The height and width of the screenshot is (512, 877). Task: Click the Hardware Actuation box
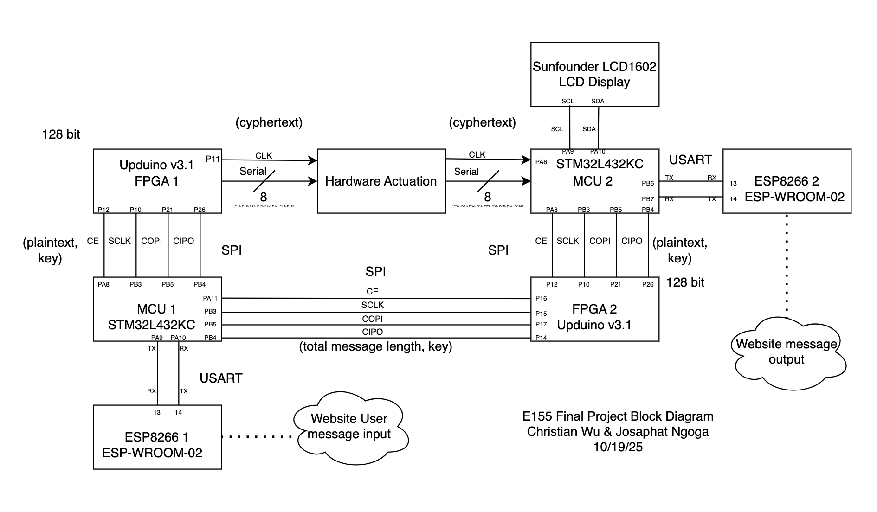(x=381, y=181)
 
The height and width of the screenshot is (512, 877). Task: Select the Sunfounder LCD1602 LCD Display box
(x=594, y=74)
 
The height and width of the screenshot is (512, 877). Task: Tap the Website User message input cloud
(x=349, y=427)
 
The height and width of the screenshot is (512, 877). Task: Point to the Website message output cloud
(x=787, y=352)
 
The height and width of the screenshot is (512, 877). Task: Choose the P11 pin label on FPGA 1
(x=213, y=159)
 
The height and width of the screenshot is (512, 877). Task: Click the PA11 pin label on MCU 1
(x=210, y=298)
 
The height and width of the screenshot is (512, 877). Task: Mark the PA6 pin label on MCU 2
(x=541, y=162)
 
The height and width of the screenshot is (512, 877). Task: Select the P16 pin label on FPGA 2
(x=541, y=298)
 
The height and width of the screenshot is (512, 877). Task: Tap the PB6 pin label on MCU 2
(x=648, y=184)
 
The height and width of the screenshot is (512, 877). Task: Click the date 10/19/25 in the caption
(x=618, y=447)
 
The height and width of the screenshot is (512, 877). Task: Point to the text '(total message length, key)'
(x=375, y=346)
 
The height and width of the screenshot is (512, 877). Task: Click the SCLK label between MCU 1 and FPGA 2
(x=373, y=305)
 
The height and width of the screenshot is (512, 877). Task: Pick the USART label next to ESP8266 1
(x=221, y=378)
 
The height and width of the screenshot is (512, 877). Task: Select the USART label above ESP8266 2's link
(x=690, y=160)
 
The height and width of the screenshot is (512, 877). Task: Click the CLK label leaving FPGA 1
(x=264, y=155)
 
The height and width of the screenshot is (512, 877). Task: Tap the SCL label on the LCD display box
(x=567, y=101)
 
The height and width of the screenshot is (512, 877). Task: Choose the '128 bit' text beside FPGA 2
(x=685, y=282)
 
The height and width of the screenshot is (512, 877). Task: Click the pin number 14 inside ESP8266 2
(x=733, y=199)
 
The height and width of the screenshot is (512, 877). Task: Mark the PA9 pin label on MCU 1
(x=157, y=338)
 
